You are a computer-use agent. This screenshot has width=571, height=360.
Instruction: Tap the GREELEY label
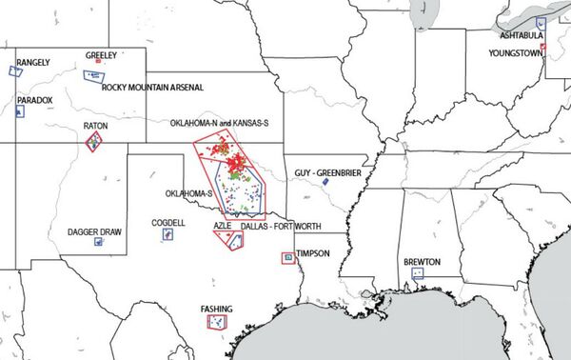(101, 55)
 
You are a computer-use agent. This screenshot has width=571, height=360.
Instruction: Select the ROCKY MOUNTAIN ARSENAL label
(153, 88)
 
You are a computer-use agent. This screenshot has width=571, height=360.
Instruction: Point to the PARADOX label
(34, 100)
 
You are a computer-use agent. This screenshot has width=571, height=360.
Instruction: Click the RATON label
(95, 126)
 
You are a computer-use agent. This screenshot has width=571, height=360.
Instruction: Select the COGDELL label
(168, 222)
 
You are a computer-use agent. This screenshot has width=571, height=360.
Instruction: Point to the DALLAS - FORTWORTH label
(281, 226)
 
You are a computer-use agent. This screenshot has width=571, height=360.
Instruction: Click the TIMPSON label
(313, 254)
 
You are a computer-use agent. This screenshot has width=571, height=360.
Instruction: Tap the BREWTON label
(422, 261)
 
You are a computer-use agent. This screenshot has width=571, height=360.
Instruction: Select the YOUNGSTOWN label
(514, 53)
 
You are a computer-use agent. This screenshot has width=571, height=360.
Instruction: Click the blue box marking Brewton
(417, 273)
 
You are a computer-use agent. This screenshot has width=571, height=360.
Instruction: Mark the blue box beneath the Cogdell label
(167, 233)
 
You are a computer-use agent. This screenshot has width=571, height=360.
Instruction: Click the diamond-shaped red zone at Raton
(94, 142)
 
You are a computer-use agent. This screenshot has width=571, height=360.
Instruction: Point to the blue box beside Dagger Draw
(98, 242)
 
